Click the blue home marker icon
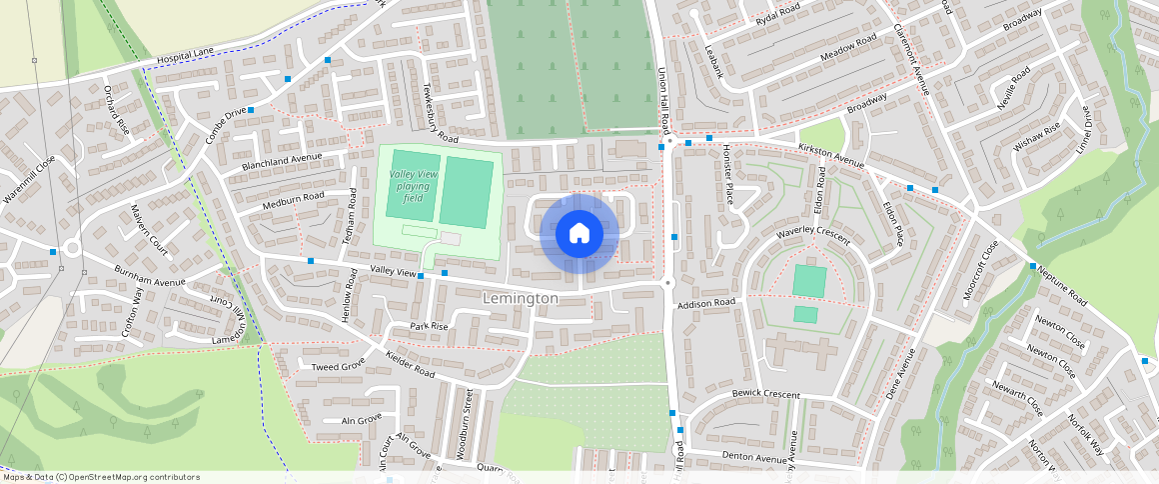coord(579,234)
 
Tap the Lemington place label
coord(520,299)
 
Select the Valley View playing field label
coord(413,186)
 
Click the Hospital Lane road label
coord(187,60)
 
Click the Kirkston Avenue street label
coord(829,155)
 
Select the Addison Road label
coord(705,302)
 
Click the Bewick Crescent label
coord(765,394)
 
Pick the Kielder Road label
coord(410,365)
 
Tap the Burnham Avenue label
coord(151,277)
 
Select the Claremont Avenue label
coord(911,59)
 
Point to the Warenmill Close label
coord(29,179)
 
